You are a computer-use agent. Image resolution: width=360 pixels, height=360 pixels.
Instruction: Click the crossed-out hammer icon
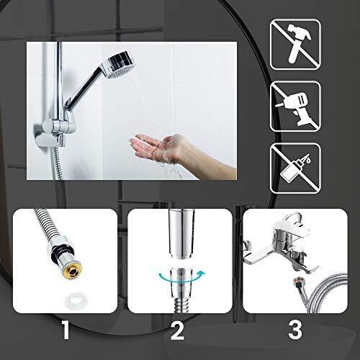(295, 45)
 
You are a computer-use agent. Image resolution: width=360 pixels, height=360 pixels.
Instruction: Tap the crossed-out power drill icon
(295, 106)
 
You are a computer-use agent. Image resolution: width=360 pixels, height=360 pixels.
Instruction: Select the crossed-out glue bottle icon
(295, 168)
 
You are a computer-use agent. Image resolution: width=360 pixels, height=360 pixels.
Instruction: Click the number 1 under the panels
(66, 330)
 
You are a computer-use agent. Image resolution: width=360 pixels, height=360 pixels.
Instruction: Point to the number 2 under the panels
(177, 330)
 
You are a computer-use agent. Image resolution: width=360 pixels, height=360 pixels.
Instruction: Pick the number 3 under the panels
(295, 330)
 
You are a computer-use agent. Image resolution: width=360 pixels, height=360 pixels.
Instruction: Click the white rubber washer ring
(73, 300)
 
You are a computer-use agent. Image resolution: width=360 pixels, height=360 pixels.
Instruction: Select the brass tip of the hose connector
(73, 273)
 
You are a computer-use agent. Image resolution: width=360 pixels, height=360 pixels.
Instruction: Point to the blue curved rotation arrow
(180, 276)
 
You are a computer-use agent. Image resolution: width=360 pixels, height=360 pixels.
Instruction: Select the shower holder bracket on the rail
(55, 132)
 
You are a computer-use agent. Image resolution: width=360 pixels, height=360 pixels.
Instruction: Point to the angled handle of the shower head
(84, 90)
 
